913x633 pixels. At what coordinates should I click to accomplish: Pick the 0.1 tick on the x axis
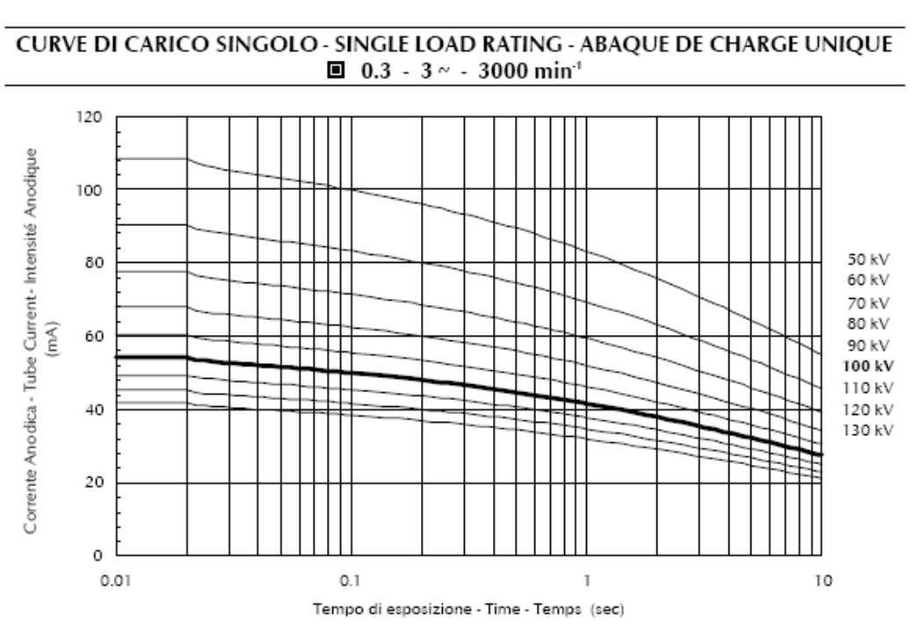click(351, 581)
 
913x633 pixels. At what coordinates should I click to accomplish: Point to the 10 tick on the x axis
click(820, 581)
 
